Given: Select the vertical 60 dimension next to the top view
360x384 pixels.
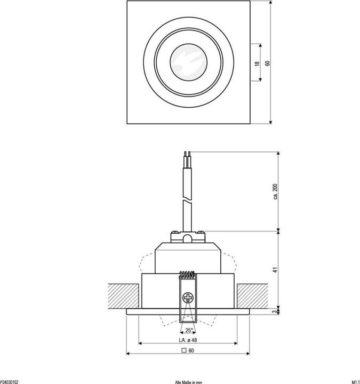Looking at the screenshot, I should pyautogui.click(x=268, y=63).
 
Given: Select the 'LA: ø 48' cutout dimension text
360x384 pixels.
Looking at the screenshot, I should pyautogui.click(x=188, y=340).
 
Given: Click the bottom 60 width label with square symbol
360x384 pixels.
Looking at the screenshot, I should pyautogui.click(x=188, y=350).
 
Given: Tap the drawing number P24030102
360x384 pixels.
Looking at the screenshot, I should pyautogui.click(x=9, y=381).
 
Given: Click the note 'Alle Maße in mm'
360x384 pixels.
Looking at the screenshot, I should pyautogui.click(x=188, y=381).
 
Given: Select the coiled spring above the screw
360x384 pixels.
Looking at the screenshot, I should pyautogui.click(x=188, y=275).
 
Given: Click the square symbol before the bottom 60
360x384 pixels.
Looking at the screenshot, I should pyautogui.click(x=184, y=350).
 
